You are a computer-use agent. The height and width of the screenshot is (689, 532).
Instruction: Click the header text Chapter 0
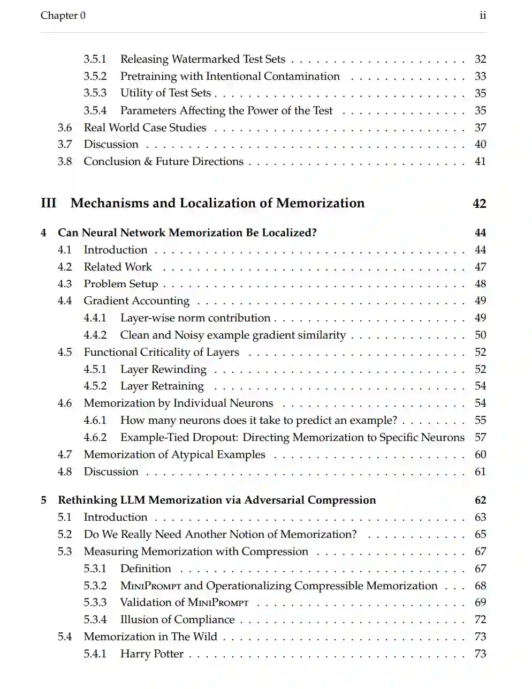pos(63,16)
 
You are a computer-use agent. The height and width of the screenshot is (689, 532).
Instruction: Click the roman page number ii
pos(483,16)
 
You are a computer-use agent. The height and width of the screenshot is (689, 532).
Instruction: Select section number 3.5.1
pos(95,59)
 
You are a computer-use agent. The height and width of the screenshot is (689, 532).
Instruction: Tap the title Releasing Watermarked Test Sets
pos(202,59)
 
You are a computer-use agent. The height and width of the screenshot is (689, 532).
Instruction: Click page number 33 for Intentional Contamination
pos(480,76)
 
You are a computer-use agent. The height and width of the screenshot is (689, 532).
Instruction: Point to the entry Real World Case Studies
pos(145,128)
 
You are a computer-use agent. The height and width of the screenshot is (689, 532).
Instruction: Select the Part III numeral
pos(48,203)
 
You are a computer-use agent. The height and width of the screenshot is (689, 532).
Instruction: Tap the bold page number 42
pos(479,204)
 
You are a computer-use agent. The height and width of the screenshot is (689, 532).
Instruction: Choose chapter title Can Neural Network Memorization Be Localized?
pos(187,233)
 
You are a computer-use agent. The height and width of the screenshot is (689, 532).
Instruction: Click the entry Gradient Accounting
pos(136,301)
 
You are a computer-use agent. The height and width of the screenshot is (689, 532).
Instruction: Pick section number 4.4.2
pos(95,335)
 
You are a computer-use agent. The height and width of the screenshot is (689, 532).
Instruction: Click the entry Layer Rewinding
pos(163,369)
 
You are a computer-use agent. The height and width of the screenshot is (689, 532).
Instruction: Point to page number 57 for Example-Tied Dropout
pos(480,437)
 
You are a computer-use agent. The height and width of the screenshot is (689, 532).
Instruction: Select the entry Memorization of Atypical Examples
pos(174,454)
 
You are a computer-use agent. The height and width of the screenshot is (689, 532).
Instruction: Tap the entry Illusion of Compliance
pos(177,619)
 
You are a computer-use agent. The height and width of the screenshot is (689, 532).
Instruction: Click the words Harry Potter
pos(151,654)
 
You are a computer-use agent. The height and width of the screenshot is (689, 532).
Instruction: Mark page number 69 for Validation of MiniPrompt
pos(480,602)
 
